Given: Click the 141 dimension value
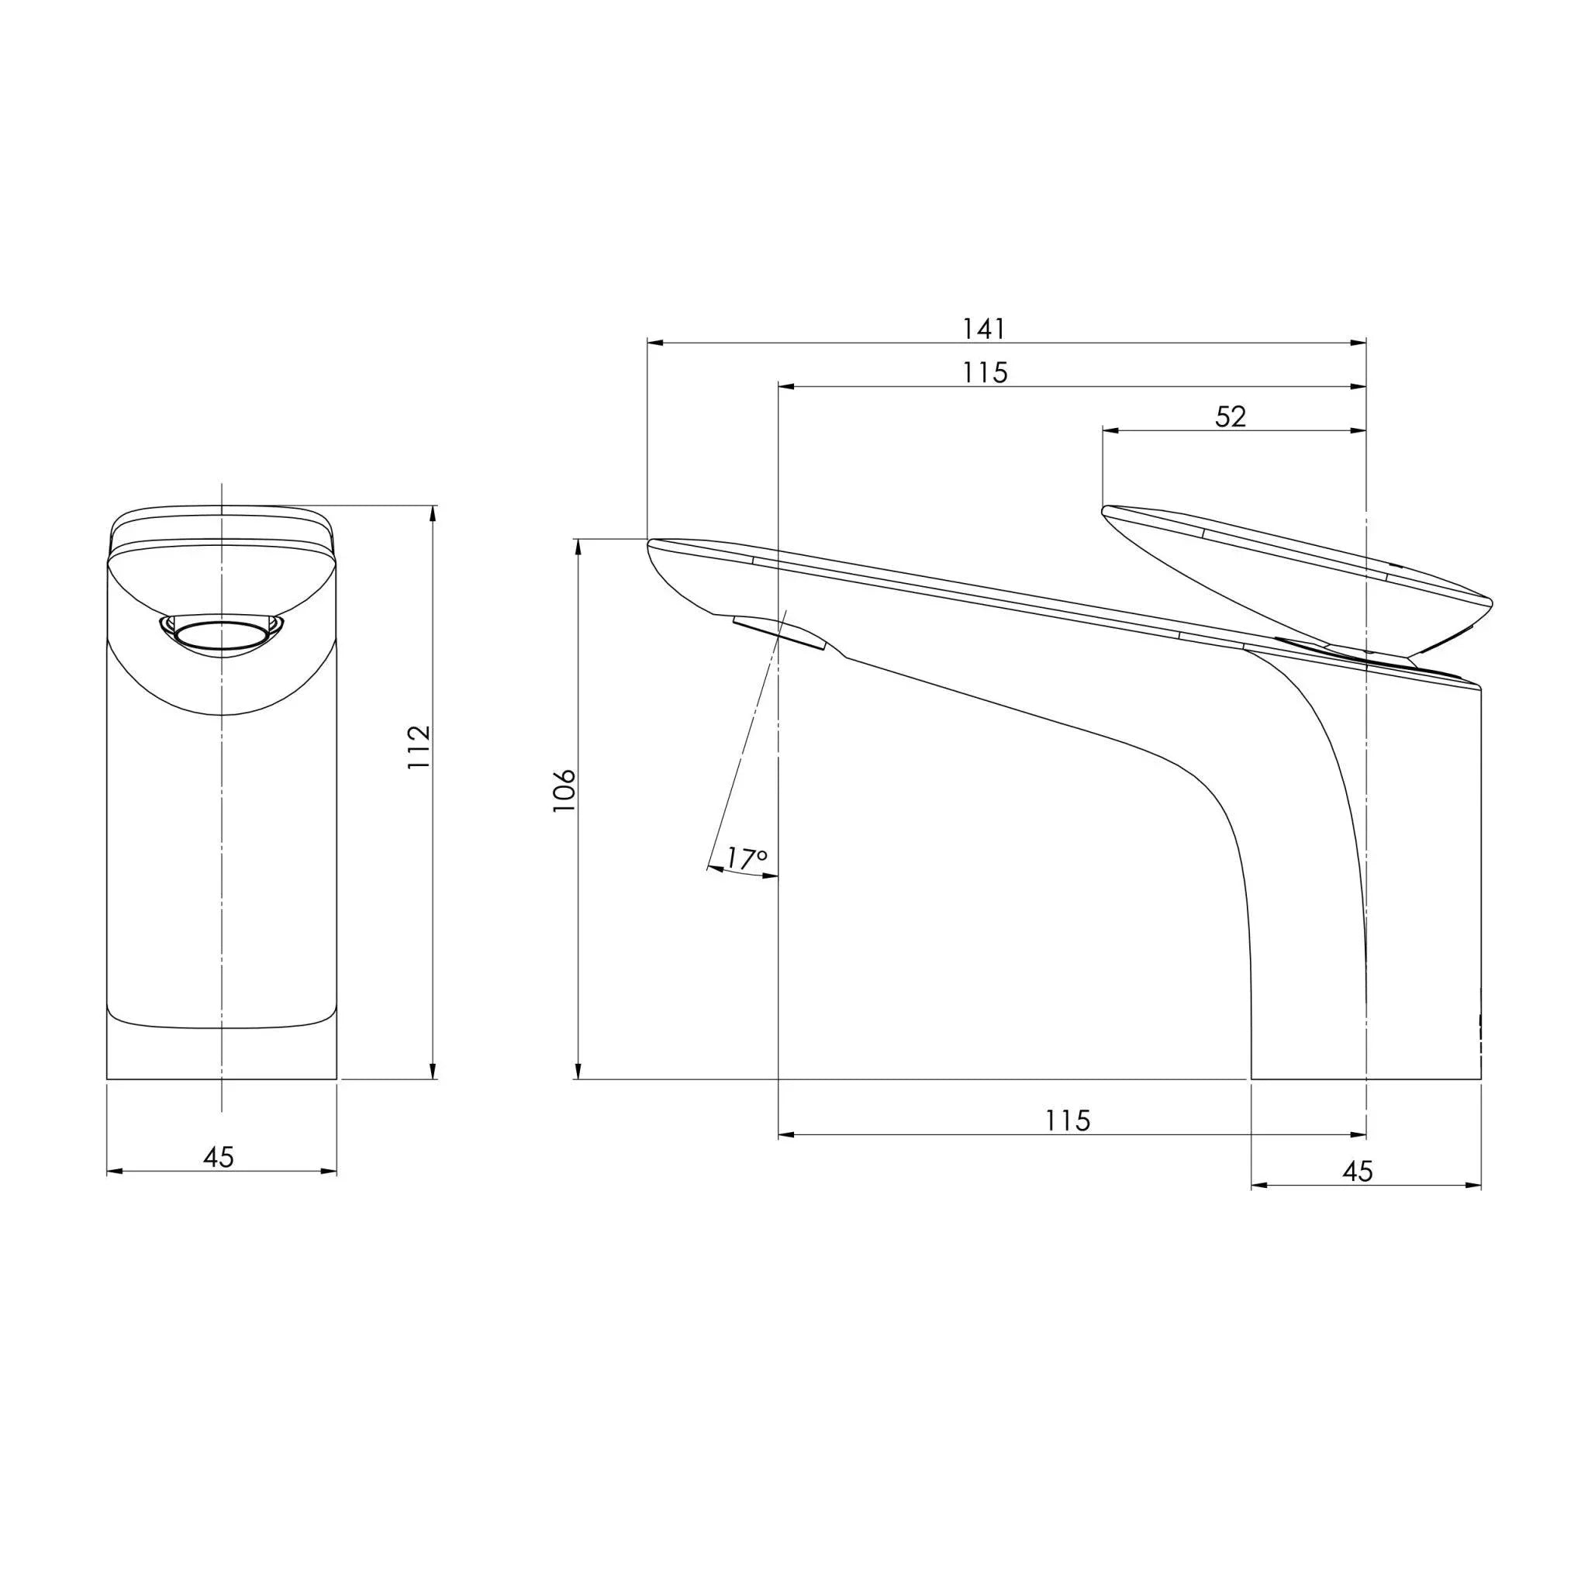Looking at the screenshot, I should tap(984, 329).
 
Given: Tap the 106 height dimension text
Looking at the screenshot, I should tap(564, 792).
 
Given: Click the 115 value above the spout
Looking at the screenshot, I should tap(986, 373).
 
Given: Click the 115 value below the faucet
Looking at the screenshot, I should tap(1068, 1120).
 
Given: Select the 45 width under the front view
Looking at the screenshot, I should tap(219, 1158).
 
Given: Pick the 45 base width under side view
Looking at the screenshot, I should tap(1357, 1172).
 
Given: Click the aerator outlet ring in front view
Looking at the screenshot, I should tap(221, 637).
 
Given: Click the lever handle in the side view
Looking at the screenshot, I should tap(1299, 575).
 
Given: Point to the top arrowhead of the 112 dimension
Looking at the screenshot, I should tap(434, 512).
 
